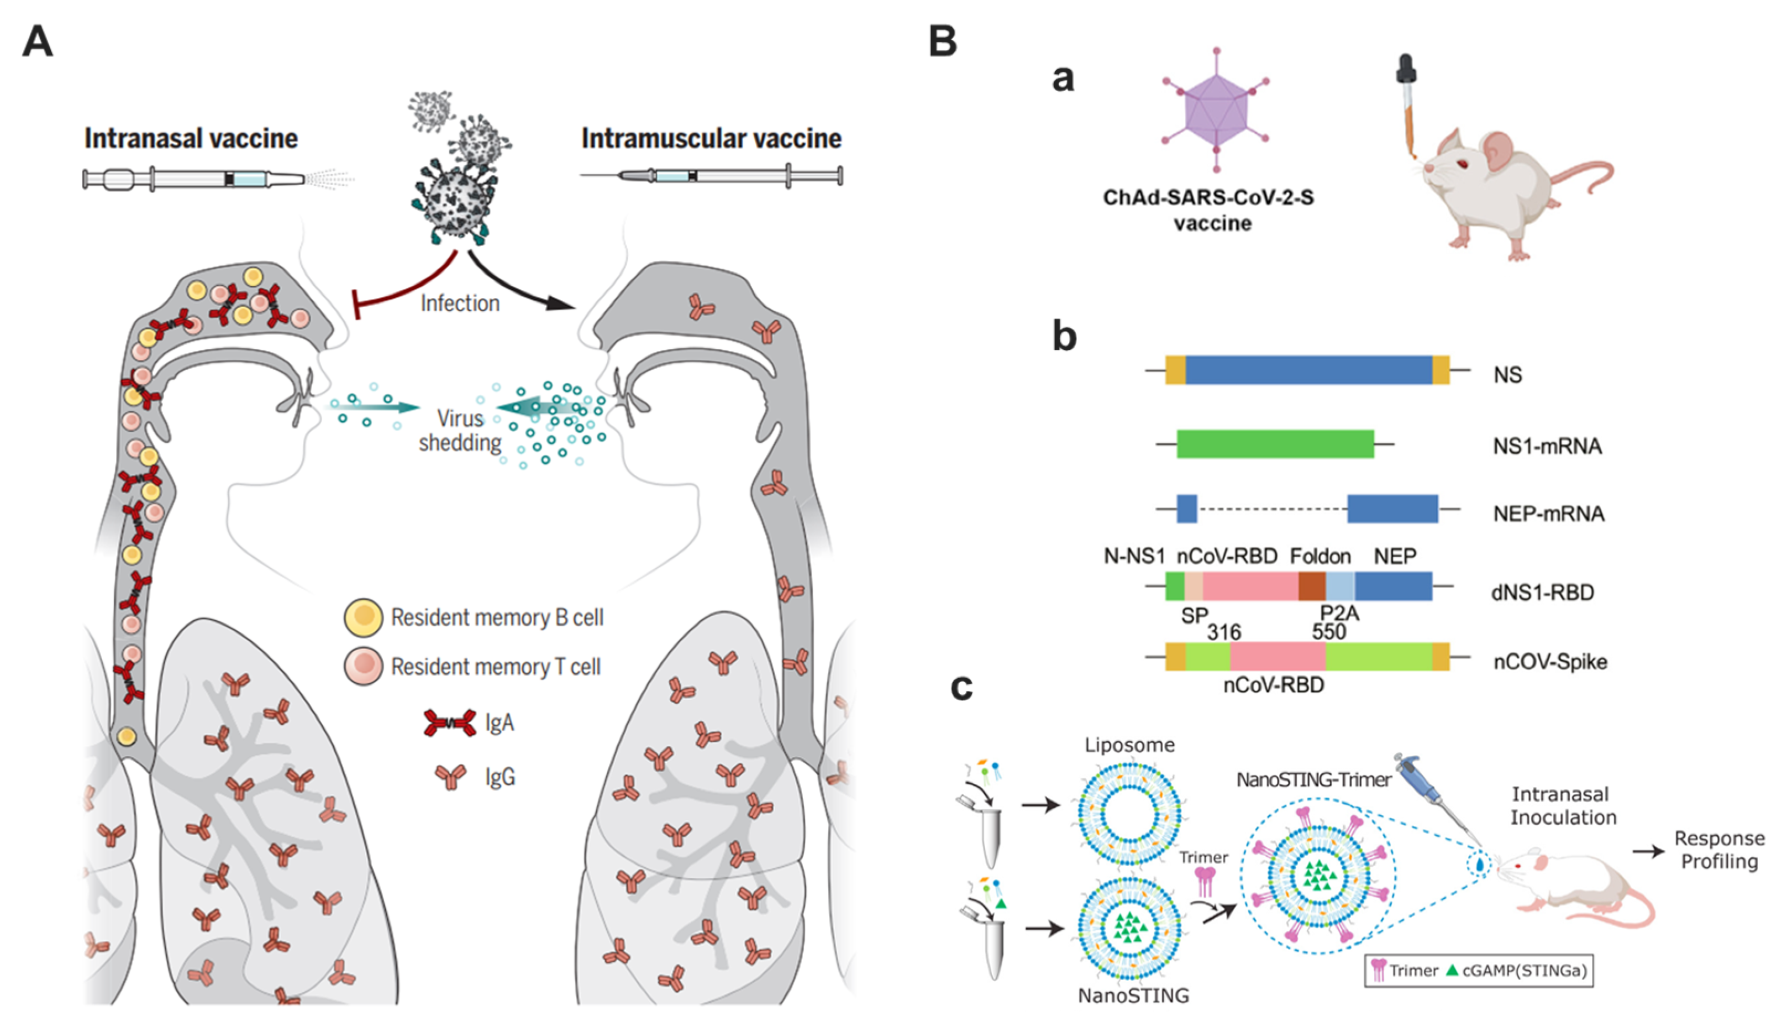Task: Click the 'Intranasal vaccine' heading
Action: coord(191,139)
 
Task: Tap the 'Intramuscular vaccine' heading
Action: coord(711,139)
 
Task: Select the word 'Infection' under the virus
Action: coord(460,303)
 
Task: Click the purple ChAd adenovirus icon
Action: coord(1216,111)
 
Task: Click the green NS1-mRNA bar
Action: coord(1275,444)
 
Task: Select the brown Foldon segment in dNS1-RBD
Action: coord(1312,586)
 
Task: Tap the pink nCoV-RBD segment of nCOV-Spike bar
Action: coord(1277,657)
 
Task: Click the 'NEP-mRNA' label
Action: coord(1548,514)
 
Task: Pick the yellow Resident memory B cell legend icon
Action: coord(364,617)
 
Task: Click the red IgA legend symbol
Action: coord(450,723)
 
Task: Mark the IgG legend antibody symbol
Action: coord(451,777)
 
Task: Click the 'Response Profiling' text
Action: coord(1719,850)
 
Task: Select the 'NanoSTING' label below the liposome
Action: coord(1133,995)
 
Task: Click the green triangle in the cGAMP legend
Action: coord(1452,970)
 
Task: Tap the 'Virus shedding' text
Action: coord(460,430)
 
